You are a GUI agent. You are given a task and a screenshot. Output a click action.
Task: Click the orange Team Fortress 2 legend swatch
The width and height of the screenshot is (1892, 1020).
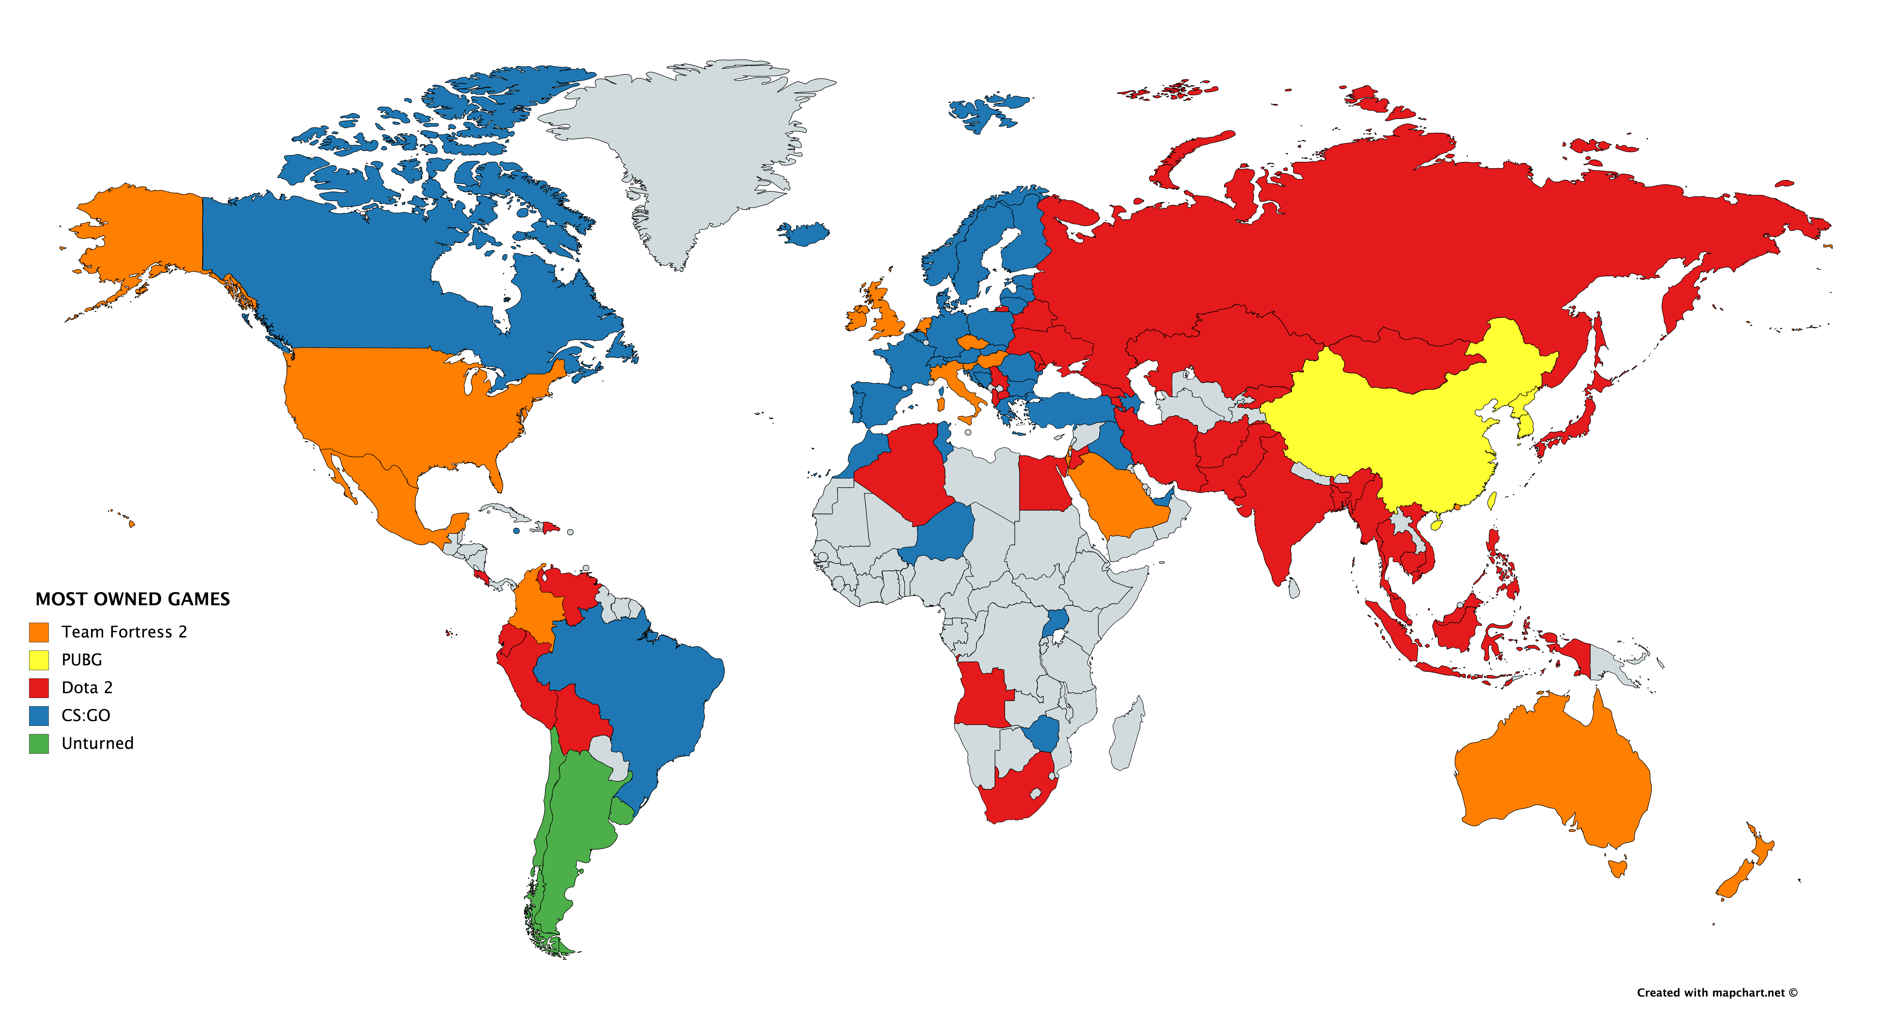[x=39, y=632]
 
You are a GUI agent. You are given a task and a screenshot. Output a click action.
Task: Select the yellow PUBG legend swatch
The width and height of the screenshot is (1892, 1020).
[x=39, y=660]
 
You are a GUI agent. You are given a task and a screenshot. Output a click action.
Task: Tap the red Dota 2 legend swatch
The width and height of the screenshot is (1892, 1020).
[x=39, y=688]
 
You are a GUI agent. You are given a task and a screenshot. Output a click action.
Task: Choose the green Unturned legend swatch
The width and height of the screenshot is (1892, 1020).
[x=39, y=744]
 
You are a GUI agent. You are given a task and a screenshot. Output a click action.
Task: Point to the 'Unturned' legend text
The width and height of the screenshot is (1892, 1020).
[x=98, y=744]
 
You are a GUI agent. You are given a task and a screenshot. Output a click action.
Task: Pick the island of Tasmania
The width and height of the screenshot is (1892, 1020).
[x=1617, y=869]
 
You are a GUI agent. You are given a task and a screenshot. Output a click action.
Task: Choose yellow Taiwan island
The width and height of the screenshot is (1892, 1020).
[x=1492, y=501]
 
